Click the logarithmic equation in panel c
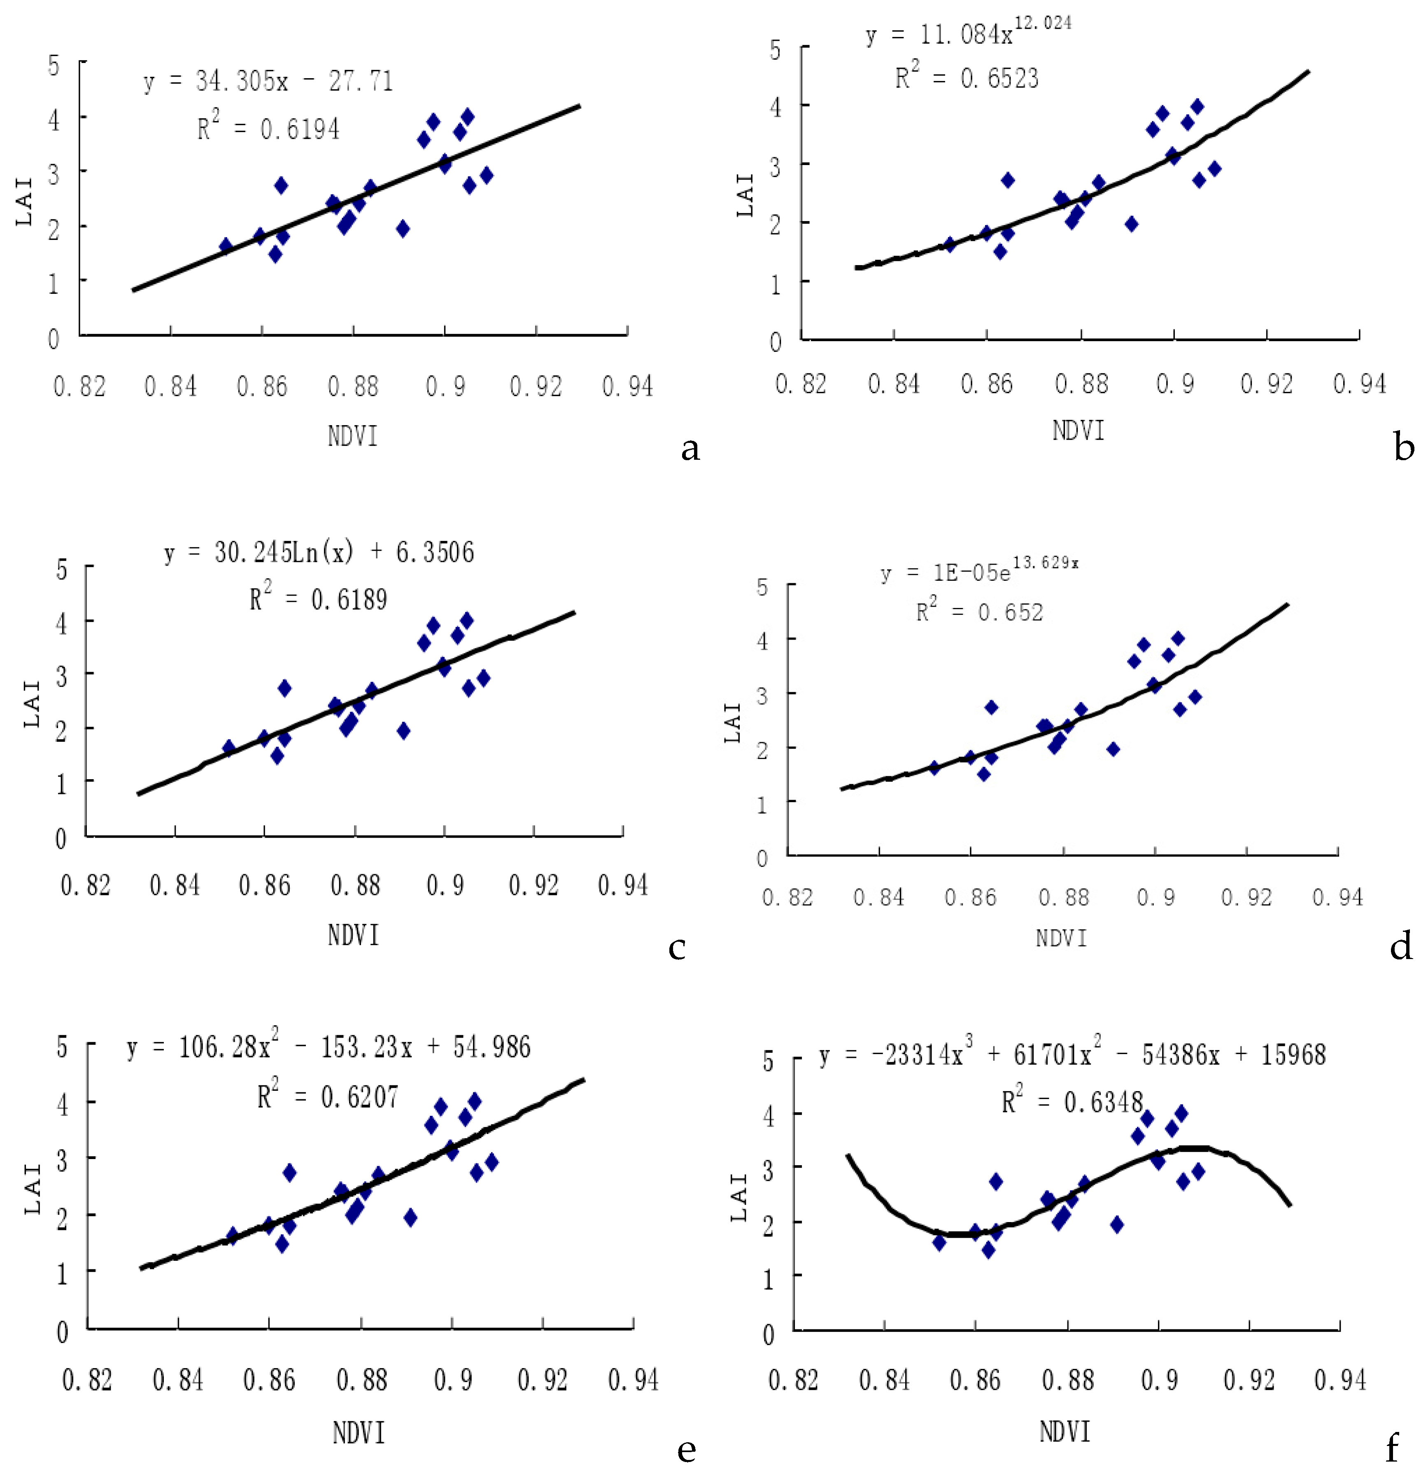319,553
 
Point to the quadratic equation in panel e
328,1048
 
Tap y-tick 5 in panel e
62,1048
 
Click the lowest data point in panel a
276,254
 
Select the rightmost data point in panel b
1214,169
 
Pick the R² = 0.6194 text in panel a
268,129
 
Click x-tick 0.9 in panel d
1155,897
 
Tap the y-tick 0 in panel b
775,342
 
